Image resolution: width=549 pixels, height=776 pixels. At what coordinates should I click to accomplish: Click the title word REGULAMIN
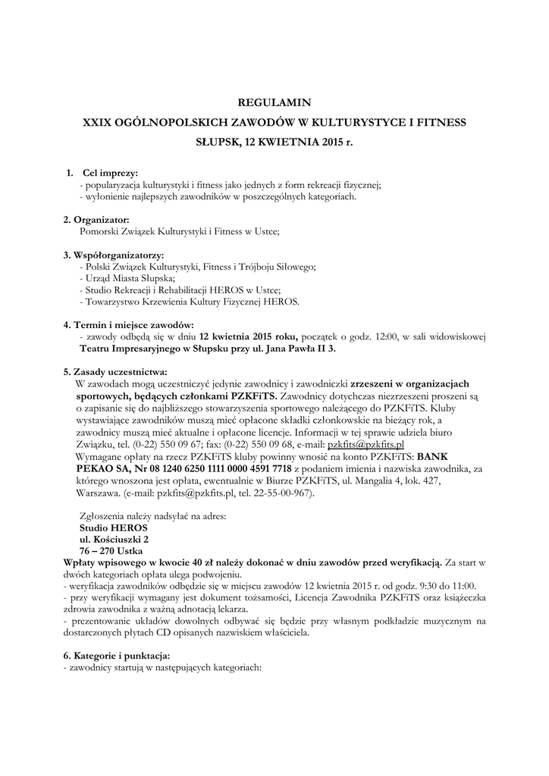(x=274, y=102)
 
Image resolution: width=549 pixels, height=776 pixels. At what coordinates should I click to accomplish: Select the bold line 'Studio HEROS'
(x=114, y=527)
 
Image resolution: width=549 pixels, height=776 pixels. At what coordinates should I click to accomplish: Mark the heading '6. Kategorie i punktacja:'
(x=118, y=655)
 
